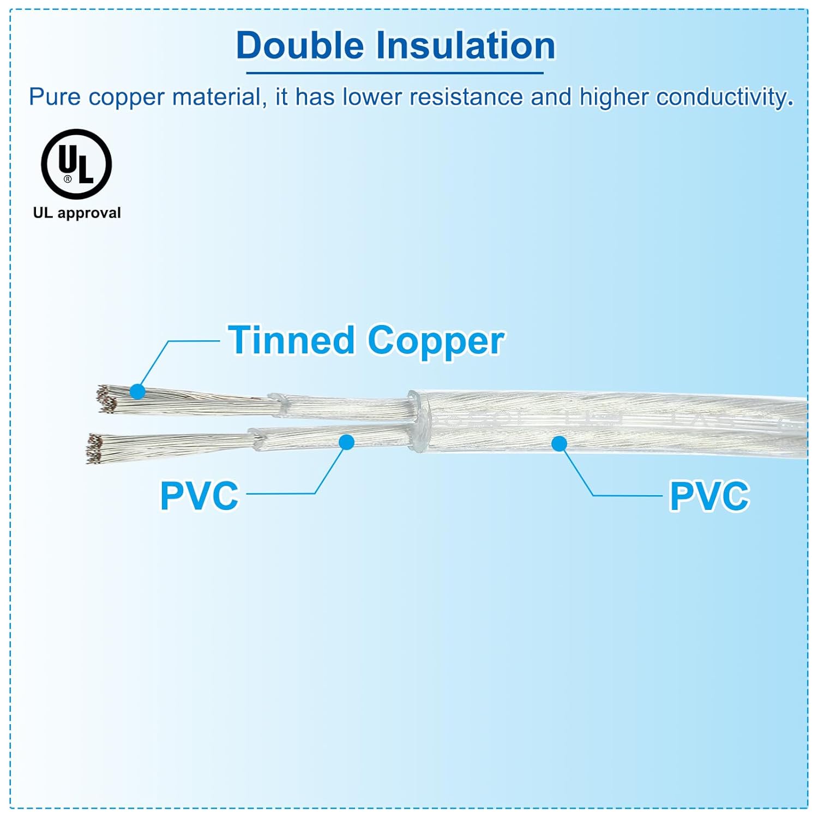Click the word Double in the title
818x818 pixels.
pos(299,45)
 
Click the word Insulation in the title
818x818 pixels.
pos(466,45)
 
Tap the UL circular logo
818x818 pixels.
pos(76,164)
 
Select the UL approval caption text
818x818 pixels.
pos(77,213)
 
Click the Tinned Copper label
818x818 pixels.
pos(366,340)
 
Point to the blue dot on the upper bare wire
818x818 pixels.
pos(137,392)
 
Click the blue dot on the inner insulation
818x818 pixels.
pos(346,442)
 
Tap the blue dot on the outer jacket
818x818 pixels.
pos(559,444)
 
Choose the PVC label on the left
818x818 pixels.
pos(199,496)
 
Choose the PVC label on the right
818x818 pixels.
pos(709,496)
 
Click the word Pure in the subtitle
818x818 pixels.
pos(55,97)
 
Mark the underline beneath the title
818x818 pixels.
pos(395,73)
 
